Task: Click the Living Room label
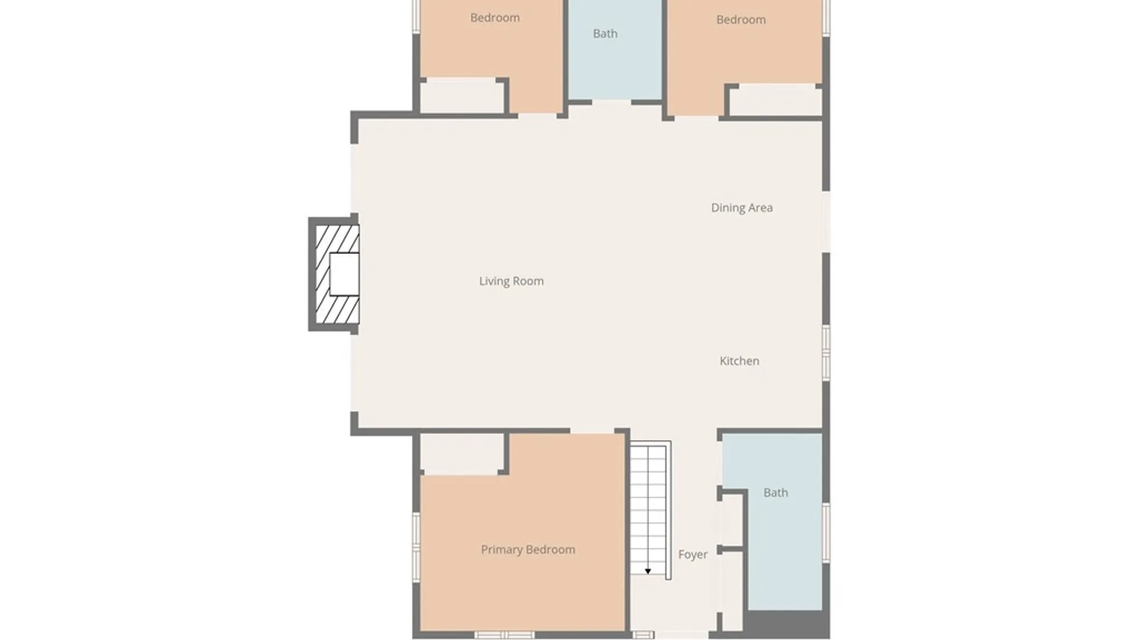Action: click(511, 281)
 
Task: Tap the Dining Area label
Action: click(741, 208)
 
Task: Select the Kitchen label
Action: click(739, 361)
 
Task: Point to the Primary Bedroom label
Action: click(528, 550)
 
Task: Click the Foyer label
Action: click(692, 555)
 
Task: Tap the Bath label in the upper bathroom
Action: click(605, 34)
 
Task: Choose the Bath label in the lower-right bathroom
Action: click(775, 493)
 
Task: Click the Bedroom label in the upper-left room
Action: click(494, 18)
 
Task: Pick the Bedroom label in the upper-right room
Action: click(741, 20)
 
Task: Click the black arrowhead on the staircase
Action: click(648, 571)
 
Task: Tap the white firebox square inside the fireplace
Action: click(344, 274)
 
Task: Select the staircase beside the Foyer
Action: click(650, 510)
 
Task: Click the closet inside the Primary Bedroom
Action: click(462, 453)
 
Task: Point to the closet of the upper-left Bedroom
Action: click(462, 96)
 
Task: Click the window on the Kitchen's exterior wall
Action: click(826, 353)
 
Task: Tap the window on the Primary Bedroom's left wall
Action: click(416, 547)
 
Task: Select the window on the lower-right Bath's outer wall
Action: click(826, 532)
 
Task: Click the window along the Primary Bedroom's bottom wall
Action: click(505, 635)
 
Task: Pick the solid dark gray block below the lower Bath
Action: click(786, 624)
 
